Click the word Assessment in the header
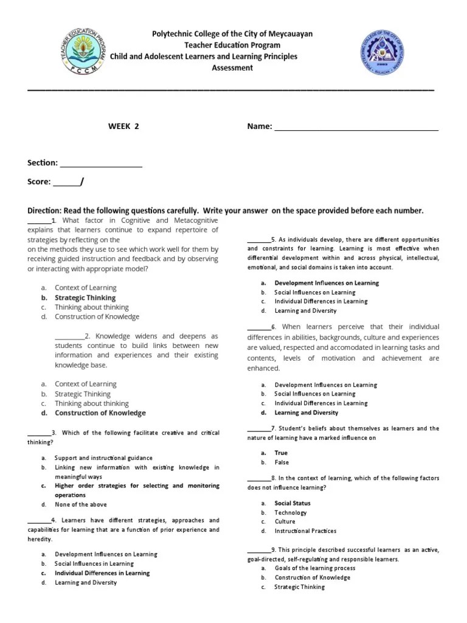232,68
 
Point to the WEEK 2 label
123,127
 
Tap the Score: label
40,182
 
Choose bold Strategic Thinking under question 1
85,298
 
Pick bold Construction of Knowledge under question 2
100,413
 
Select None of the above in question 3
80,504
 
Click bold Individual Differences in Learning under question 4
102,573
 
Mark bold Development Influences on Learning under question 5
327,283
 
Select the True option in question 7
281,453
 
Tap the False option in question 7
282,462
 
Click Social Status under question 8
292,503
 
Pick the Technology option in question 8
290,512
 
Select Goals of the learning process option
315,568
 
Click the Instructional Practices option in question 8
305,531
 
